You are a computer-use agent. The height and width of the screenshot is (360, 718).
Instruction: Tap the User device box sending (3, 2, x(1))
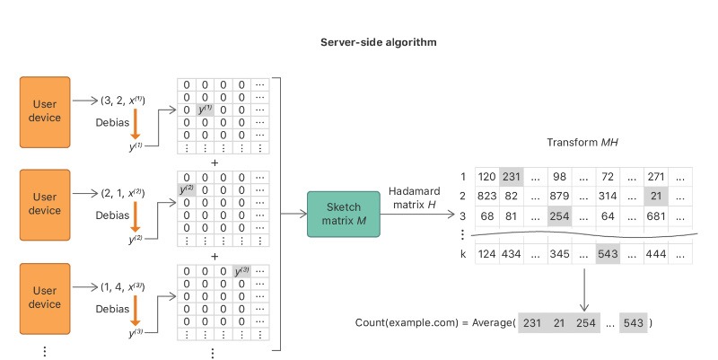click(x=46, y=112)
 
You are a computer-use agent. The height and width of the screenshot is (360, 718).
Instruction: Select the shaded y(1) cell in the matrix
click(x=206, y=110)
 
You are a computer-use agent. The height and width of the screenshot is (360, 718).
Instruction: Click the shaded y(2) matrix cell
click(x=188, y=191)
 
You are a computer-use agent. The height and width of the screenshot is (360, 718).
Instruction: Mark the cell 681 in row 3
click(x=652, y=216)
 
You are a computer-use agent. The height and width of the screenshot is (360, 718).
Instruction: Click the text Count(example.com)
click(x=412, y=322)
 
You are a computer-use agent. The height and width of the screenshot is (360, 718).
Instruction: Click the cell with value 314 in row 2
click(x=607, y=196)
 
